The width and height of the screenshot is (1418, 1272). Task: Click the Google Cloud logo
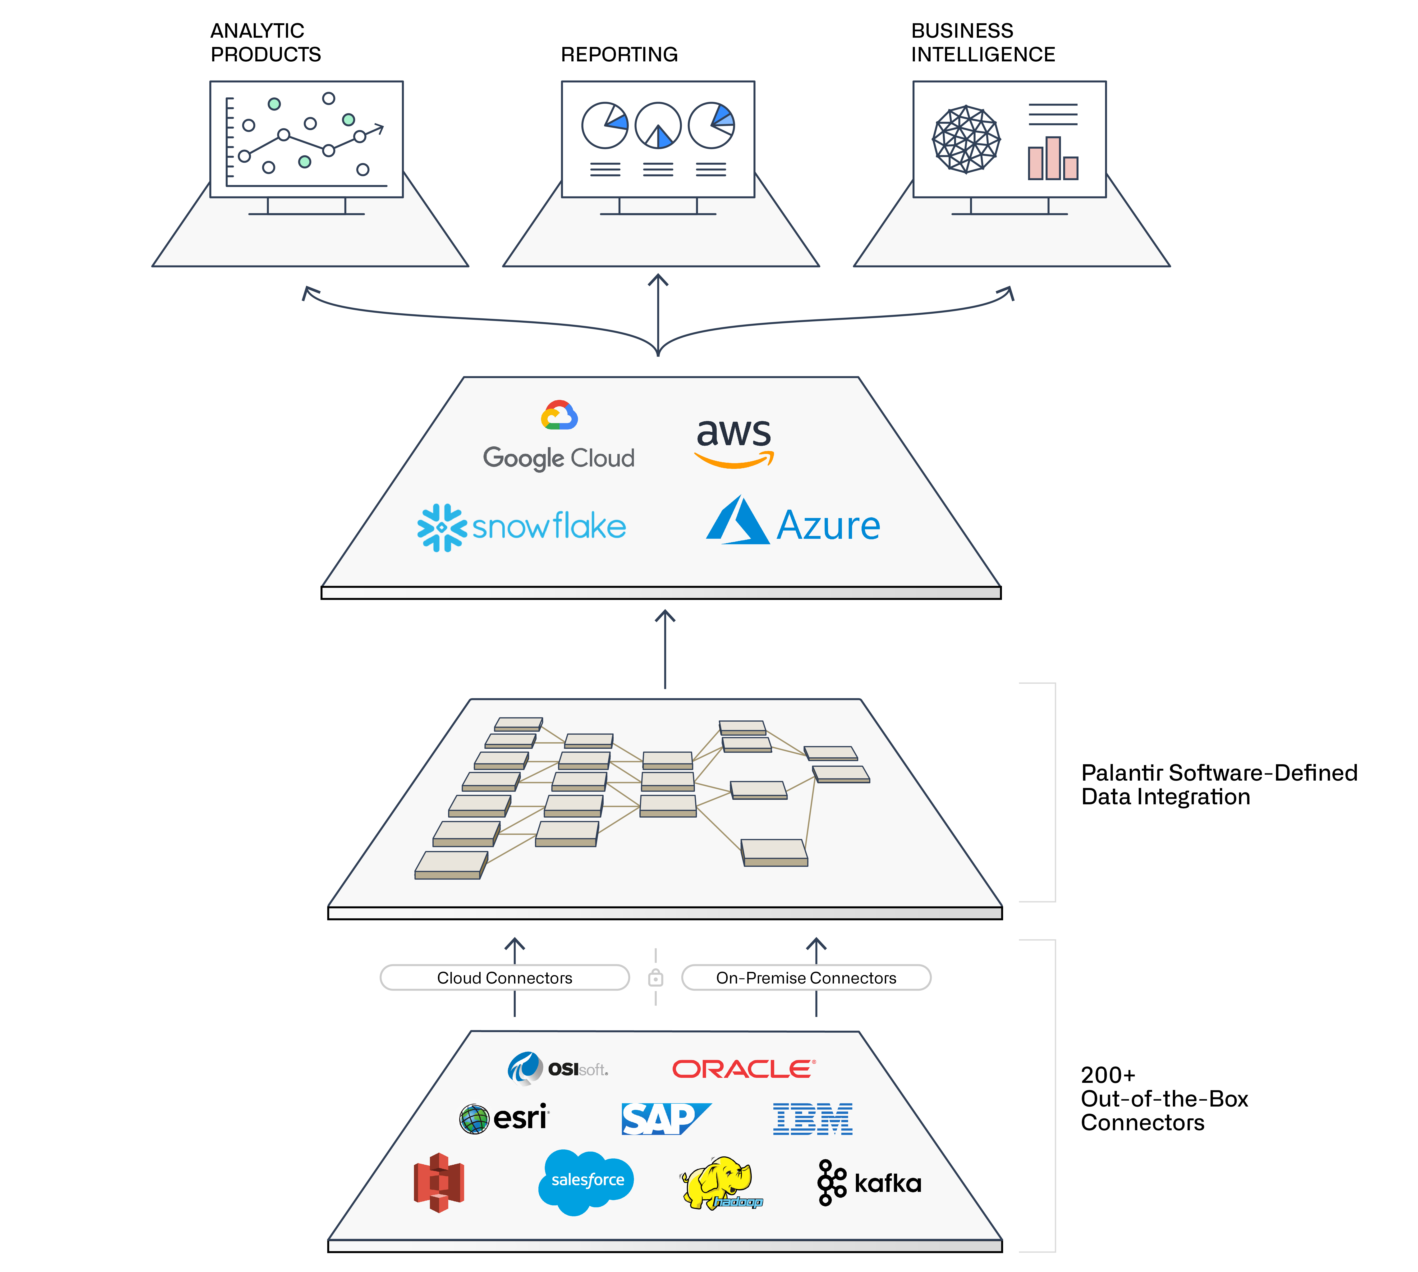pos(558,436)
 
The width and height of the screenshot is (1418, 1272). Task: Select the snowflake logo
pos(521,527)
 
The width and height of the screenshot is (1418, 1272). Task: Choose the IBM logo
pos(812,1118)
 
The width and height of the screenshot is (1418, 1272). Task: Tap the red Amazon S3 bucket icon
pos(439,1183)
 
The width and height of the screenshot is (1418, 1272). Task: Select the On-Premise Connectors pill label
pos(806,978)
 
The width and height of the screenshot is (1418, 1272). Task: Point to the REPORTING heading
pos(619,55)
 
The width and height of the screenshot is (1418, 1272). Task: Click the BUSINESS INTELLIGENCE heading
pos(983,43)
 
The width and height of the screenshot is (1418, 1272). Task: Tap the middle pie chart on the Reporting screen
pos(658,126)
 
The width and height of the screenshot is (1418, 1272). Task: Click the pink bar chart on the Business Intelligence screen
pos(1052,159)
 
